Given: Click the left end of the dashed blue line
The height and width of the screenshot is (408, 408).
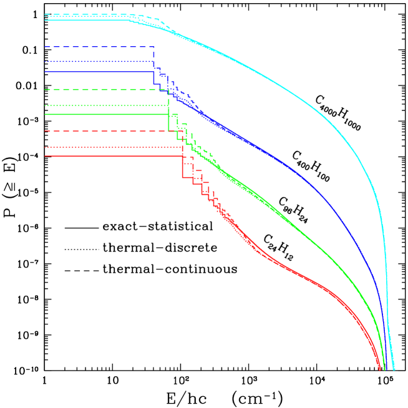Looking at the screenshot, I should point(45,47).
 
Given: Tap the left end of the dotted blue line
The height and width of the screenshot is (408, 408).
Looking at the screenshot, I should point(45,61).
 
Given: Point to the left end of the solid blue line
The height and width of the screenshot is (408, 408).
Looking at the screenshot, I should point(45,72).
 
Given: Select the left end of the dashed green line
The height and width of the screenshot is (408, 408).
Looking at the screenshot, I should point(45,90).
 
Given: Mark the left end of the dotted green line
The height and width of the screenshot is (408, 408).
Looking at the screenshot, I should point(45,105).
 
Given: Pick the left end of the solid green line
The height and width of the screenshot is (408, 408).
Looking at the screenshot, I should point(45,115).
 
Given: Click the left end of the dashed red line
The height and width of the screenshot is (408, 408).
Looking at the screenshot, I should point(45,131).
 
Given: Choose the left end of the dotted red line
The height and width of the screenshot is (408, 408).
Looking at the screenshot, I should point(45,147).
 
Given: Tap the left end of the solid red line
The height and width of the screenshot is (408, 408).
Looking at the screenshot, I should point(45,156).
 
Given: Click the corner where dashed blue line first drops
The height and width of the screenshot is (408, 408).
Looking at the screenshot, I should point(154,47).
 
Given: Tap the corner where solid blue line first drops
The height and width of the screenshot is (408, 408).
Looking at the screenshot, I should point(154,72).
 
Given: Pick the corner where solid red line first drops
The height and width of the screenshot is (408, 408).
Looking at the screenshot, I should point(182,156).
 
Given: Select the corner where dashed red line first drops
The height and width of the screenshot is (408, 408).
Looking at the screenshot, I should point(182,131).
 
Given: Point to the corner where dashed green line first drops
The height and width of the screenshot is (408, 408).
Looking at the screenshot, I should point(168,90).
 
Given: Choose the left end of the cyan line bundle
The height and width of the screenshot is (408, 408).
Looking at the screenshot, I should point(45,17).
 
